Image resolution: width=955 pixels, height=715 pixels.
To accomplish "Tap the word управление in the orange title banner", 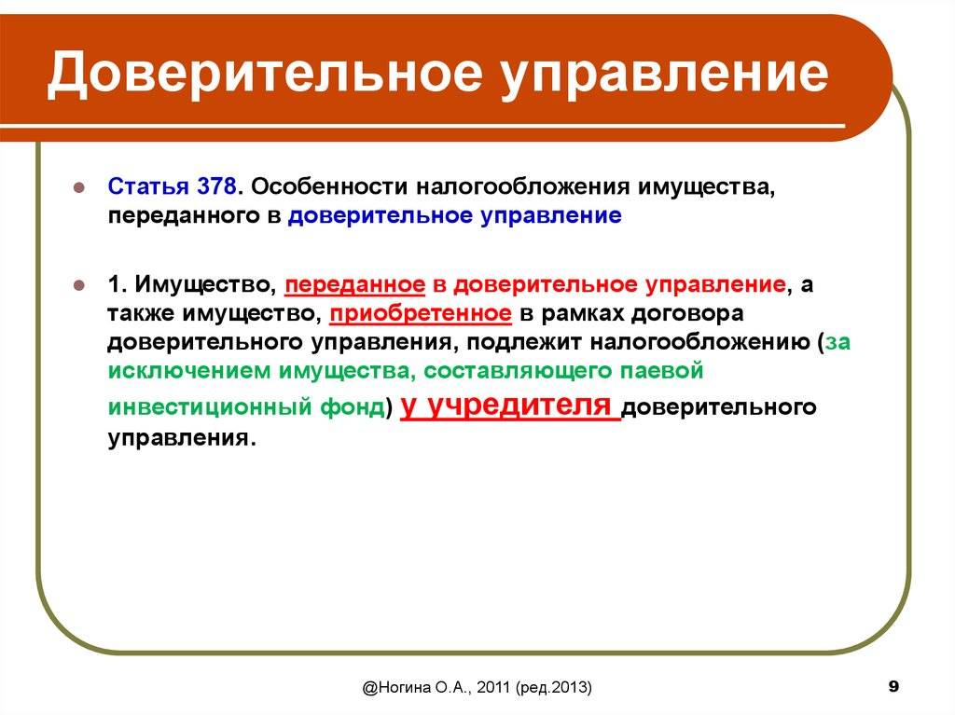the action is point(665,76).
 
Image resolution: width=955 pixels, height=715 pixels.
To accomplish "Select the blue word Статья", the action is point(148,186).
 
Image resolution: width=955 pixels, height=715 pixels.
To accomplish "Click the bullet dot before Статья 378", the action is point(79,187).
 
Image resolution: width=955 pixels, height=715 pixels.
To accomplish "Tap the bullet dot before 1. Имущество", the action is point(79,284).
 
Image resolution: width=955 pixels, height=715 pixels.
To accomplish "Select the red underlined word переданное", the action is point(355,285).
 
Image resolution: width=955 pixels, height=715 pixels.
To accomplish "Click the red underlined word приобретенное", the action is point(421,314).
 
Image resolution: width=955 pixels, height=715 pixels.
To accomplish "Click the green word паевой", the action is point(661,370).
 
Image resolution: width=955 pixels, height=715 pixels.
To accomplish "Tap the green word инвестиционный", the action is point(210,406).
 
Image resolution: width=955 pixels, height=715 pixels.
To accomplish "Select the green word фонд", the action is point(353,406).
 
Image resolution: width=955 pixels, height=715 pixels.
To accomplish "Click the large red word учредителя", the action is point(520,406).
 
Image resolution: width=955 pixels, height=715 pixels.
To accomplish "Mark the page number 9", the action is point(893,686).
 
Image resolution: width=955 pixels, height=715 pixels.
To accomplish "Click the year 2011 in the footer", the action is point(493,688).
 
